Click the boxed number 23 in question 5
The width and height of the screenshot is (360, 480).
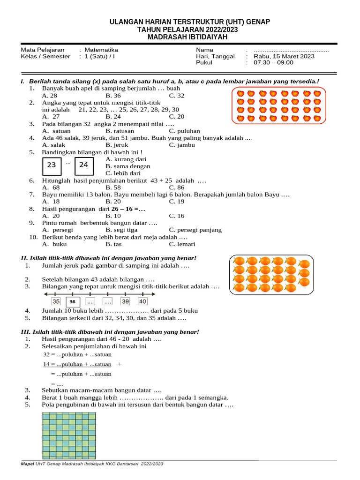tap(52, 165)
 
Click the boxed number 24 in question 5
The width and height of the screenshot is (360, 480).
tap(83, 165)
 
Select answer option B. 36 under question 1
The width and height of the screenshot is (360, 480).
tap(113, 96)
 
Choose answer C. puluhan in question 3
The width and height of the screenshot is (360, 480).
tap(185, 131)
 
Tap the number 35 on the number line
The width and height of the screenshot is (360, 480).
tap(56, 301)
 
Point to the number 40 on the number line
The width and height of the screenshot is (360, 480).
tap(142, 301)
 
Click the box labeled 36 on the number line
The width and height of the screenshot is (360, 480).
tap(73, 302)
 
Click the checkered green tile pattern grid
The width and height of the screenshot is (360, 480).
tap(69, 434)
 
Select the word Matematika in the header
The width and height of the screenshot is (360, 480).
tap(101, 50)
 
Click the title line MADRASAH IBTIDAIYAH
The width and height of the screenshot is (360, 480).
tap(187, 37)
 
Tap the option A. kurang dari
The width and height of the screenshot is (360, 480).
tap(126, 159)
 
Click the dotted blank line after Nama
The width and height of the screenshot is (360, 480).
tap(291, 50)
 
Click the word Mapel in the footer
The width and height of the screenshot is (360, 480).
tap(28, 464)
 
